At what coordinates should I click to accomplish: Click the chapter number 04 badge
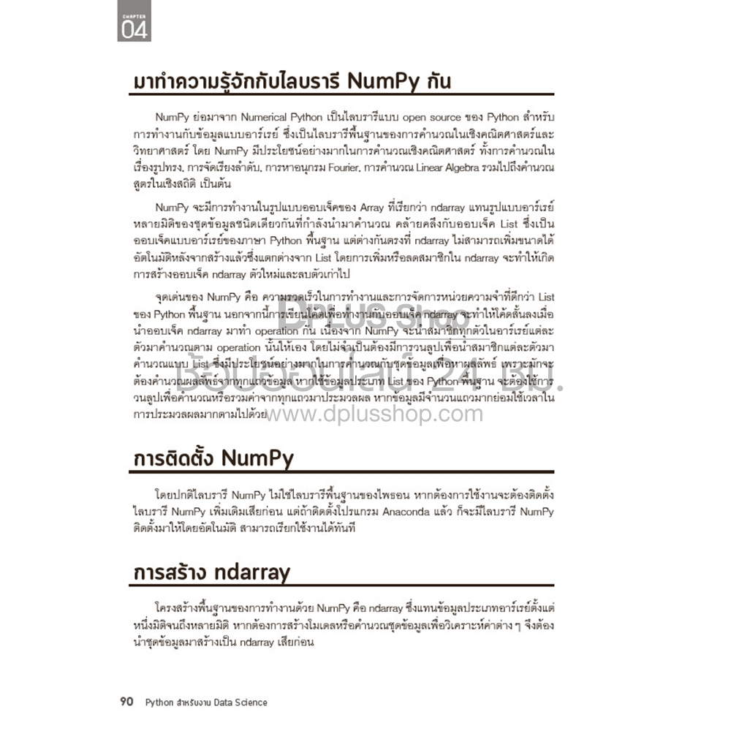[134, 30]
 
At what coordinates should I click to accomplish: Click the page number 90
[126, 702]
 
